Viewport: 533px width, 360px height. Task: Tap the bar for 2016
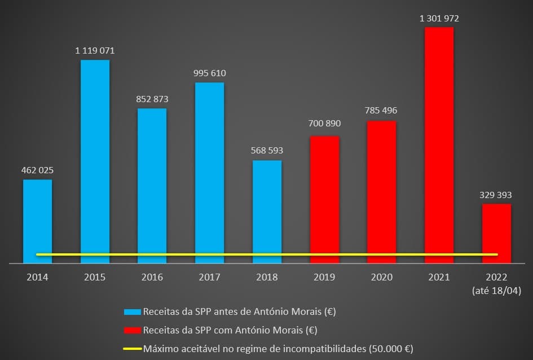tap(152, 186)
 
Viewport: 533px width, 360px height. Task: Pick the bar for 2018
tap(267, 212)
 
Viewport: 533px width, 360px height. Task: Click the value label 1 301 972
tap(439, 18)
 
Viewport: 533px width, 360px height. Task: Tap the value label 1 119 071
tap(95, 51)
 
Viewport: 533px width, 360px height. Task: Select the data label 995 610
tap(209, 73)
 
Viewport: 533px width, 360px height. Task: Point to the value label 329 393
tap(496, 195)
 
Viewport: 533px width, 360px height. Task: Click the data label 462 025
tap(37, 170)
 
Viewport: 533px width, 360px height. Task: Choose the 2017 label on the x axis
tap(209, 277)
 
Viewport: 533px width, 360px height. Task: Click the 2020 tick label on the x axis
tap(382, 277)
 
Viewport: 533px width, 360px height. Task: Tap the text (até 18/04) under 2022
tap(496, 291)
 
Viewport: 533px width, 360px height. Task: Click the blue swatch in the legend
tap(132, 311)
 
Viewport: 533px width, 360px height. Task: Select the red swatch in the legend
tap(132, 330)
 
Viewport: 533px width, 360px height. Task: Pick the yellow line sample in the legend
tap(132, 349)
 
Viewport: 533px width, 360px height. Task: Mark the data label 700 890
tap(324, 123)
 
